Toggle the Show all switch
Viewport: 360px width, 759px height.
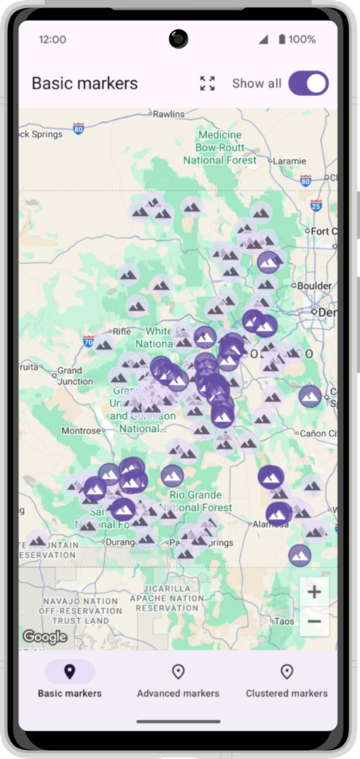coord(308,83)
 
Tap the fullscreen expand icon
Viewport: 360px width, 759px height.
coord(207,83)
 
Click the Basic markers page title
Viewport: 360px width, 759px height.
coord(85,83)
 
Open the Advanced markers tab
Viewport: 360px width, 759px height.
coord(178,680)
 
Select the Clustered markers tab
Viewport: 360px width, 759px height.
coord(286,680)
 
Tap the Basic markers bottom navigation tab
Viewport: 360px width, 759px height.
coord(70,680)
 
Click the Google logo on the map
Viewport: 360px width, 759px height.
coord(45,637)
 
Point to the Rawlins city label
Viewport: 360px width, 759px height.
coord(168,114)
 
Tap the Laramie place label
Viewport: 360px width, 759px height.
coord(289,160)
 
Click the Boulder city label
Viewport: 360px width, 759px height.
coord(314,286)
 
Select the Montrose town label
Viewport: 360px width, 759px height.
coord(80,431)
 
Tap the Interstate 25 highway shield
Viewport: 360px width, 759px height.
coord(316,205)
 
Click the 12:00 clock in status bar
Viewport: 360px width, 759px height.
coord(52,39)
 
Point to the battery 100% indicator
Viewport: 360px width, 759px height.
coord(297,39)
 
